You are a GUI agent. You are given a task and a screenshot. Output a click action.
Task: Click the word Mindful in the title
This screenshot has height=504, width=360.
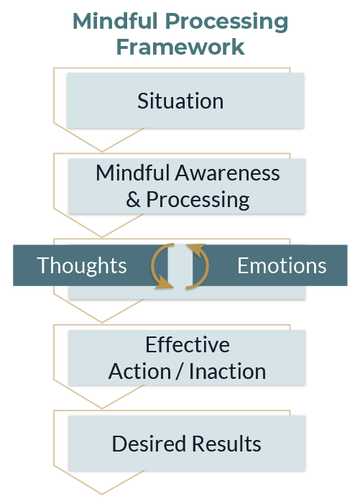[116, 22]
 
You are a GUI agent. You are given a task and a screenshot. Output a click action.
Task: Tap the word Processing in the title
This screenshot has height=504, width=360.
[226, 22]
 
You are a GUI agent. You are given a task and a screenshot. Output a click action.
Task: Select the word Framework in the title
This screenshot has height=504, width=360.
[180, 47]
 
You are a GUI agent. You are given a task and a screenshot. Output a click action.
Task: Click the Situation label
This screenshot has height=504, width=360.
[180, 101]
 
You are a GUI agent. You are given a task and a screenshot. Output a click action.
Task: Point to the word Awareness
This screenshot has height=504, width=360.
[227, 173]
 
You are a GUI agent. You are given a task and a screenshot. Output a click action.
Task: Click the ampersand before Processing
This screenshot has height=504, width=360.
[133, 199]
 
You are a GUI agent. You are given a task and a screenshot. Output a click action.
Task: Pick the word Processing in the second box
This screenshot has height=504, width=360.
[198, 201]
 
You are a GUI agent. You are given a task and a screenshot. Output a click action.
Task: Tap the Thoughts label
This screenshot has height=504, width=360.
[82, 265]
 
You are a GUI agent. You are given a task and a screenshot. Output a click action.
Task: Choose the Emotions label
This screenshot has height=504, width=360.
[282, 266]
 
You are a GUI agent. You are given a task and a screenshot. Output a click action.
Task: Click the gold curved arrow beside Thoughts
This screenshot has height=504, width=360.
[152, 265]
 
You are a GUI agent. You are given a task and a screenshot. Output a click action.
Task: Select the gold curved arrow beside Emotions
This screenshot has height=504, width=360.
[208, 265]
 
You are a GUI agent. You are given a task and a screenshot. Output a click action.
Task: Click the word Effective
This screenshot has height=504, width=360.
[188, 345]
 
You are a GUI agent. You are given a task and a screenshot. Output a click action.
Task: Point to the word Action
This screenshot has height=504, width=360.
[139, 372]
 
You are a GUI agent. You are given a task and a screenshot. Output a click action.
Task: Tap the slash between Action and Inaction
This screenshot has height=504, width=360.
[180, 372]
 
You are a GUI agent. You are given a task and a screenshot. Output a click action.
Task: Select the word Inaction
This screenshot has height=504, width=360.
[227, 372]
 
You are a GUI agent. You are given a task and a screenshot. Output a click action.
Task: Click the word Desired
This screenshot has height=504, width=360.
[149, 444]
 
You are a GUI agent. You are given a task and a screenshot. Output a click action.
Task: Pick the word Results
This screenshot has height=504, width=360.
[227, 444]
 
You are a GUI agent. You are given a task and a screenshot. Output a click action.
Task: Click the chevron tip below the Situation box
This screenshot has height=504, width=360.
[102, 151]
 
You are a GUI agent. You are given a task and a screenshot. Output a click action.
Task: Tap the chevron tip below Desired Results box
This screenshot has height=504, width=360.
[102, 494]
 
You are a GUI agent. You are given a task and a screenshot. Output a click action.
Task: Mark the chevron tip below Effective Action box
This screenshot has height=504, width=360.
[102, 408]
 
